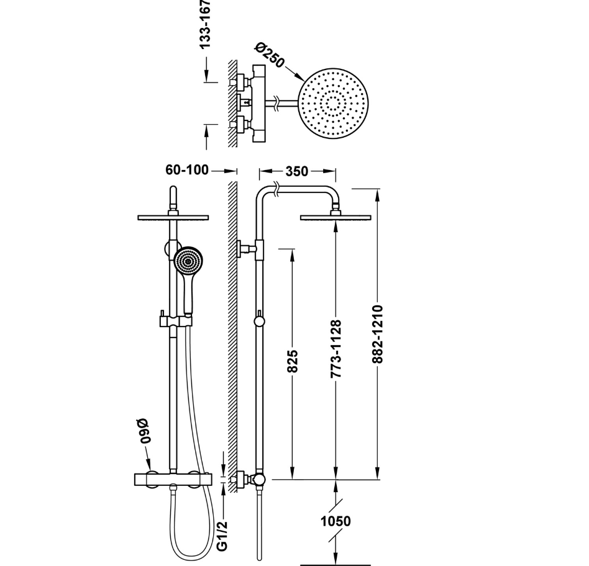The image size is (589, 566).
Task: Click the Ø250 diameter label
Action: pyautogui.click(x=270, y=55)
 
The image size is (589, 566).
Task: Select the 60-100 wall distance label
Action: pyautogui.click(x=187, y=170)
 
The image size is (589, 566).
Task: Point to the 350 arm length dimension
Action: pyautogui.click(x=296, y=171)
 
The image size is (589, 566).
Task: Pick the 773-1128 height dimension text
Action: pyautogui.click(x=336, y=349)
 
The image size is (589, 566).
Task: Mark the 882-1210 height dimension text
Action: pyautogui.click(x=379, y=334)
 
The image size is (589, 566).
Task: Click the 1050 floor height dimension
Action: pyautogui.click(x=336, y=521)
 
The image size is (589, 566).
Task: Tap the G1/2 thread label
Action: pyautogui.click(x=222, y=536)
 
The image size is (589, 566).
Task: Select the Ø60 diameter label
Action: pyautogui.click(x=145, y=430)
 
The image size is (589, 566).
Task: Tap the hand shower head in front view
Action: pyautogui.click(x=188, y=261)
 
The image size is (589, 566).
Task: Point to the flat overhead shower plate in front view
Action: pyautogui.click(x=173, y=217)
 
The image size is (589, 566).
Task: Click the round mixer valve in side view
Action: pyautogui.click(x=259, y=479)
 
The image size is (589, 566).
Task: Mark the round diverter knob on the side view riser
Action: pyautogui.click(x=259, y=321)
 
